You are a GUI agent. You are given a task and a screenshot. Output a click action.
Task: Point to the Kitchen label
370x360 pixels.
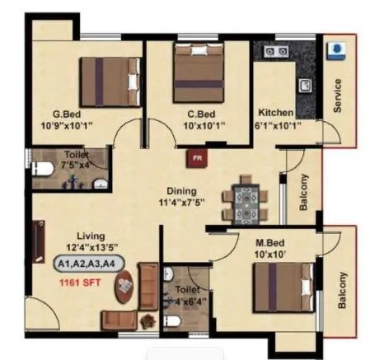pos(274,113)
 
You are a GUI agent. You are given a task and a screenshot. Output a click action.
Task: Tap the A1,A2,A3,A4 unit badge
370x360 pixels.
pos(86,264)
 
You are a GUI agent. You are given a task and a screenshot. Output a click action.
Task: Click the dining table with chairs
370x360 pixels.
pos(246,199)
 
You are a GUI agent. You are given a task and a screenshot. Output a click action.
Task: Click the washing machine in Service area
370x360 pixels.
pos(336,49)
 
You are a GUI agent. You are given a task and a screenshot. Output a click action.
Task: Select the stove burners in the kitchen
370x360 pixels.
pos(271,51)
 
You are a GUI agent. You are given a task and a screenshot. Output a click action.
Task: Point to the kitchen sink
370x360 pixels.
pos(302,84)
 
